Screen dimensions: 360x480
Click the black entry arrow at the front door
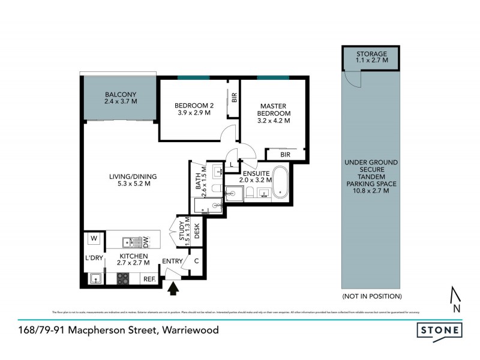click(174, 289)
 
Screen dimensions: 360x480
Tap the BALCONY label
click(121, 95)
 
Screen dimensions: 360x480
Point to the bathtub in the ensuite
click(281, 183)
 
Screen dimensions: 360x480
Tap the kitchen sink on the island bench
click(128, 242)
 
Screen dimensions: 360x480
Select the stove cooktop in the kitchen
click(122, 278)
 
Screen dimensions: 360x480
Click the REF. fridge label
click(148, 279)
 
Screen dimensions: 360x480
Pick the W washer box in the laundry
click(94, 239)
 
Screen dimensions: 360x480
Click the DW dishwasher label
click(145, 242)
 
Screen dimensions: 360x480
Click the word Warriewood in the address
click(191, 330)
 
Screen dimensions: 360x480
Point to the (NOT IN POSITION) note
click(372, 296)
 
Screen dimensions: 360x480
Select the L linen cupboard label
click(231, 165)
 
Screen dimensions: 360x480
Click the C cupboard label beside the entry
click(196, 261)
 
